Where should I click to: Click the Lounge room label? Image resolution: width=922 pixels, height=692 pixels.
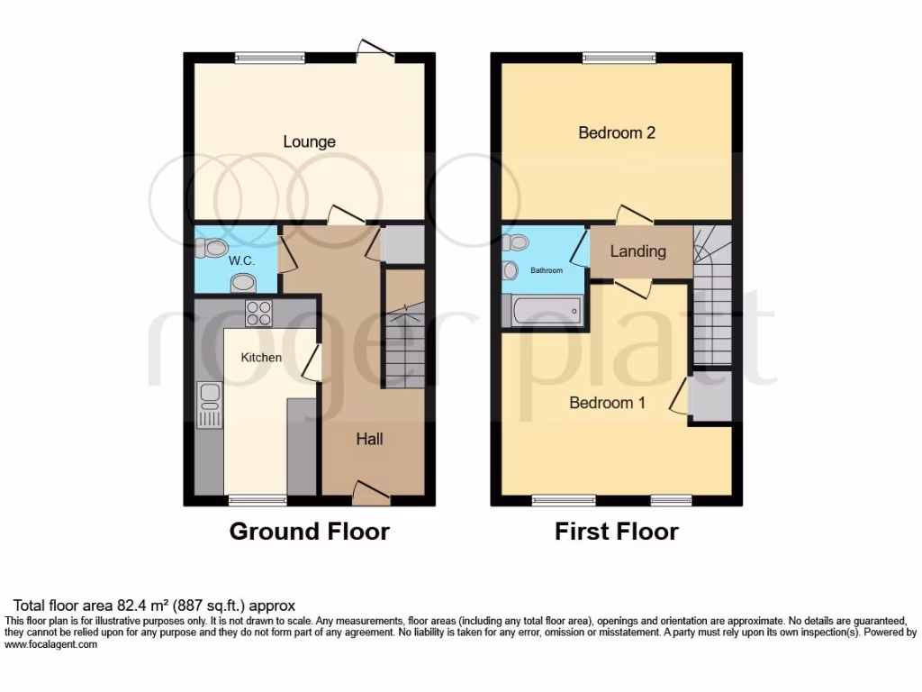(309, 141)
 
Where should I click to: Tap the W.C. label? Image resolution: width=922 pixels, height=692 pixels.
(240, 260)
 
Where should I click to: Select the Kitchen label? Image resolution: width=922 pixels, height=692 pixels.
(261, 357)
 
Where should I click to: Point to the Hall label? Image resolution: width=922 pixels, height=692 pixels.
(369, 439)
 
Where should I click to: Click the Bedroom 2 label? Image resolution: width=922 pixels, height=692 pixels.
(617, 132)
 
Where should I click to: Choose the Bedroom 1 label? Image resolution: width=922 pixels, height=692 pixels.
(607, 403)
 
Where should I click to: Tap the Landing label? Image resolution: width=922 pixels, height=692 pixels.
(637, 251)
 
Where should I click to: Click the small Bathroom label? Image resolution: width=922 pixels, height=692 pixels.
(546, 270)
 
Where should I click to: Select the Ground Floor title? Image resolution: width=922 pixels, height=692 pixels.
(309, 532)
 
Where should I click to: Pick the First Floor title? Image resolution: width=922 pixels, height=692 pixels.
(616, 532)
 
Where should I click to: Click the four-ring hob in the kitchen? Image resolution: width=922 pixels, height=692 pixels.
(259, 313)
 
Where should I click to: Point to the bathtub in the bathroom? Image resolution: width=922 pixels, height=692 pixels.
(542, 311)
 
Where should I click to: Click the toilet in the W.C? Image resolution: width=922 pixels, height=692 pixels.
(215, 248)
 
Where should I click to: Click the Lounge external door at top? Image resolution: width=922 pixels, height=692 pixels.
(376, 51)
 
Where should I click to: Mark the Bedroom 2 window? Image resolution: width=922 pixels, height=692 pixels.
(618, 59)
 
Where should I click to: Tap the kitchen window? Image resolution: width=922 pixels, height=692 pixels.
(257, 499)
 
